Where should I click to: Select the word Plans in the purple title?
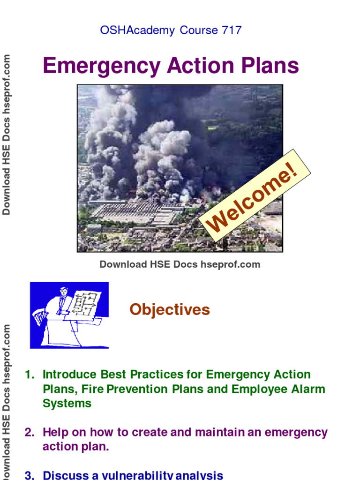pyautogui.click(x=268, y=66)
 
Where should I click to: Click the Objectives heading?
pyautogui.click(x=170, y=310)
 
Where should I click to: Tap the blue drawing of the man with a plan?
pyautogui.click(x=69, y=315)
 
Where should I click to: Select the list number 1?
pyautogui.click(x=30, y=375)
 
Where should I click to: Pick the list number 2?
pyautogui.click(x=30, y=433)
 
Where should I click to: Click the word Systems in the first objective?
pyautogui.click(x=67, y=404)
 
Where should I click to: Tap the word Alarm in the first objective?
pyautogui.click(x=306, y=390)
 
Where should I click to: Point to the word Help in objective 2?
pyautogui.click(x=55, y=433)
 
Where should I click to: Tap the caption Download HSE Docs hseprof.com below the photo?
pyautogui.click(x=180, y=264)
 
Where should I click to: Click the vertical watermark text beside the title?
pyautogui.click(x=7, y=135)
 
